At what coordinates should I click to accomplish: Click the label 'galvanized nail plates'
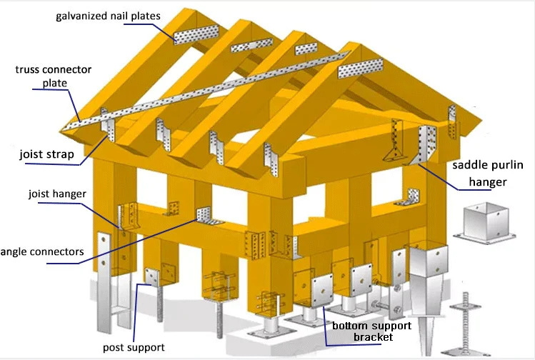tap(108, 15)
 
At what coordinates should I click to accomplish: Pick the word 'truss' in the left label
tap(28, 70)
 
